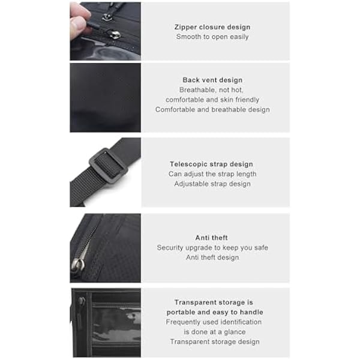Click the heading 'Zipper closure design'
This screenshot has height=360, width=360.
212,27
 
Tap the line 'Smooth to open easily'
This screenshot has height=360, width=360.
212,37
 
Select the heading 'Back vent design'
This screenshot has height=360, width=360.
212,80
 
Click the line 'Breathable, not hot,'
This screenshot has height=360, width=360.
211,90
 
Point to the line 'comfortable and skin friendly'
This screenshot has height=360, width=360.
212,100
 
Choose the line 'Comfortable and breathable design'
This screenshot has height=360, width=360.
212,110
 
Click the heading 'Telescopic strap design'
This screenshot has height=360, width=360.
211,164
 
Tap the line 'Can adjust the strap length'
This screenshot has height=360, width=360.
212,174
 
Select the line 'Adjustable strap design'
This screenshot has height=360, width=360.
212,184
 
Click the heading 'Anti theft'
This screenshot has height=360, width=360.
211,238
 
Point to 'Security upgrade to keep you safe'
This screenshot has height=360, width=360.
212,248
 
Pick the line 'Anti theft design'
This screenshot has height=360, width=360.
212,257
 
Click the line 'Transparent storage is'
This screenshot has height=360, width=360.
214,302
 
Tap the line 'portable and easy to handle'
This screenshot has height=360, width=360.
215,312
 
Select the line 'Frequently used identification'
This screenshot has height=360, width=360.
214,322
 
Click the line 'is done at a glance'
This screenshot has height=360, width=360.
215,332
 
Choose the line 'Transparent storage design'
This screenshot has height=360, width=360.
215,342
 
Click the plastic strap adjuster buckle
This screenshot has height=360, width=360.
108,163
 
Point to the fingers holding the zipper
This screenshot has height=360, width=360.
79,20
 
